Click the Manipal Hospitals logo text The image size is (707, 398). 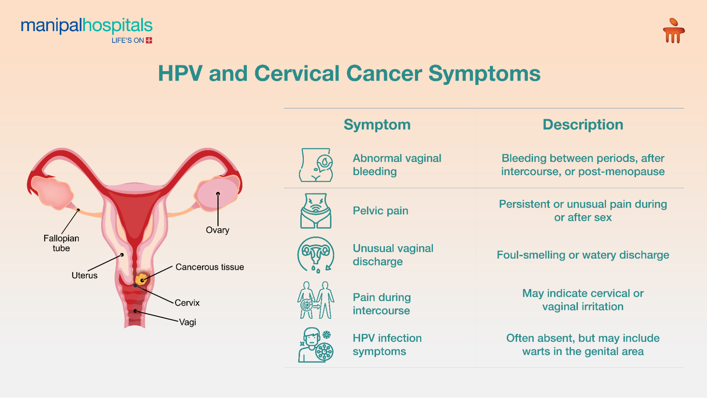[x=87, y=26]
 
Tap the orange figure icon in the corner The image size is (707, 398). [x=673, y=31]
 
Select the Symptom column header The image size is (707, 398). [x=377, y=125]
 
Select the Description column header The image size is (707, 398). [x=583, y=125]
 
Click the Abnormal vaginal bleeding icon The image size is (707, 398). [x=316, y=165]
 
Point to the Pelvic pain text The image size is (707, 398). [x=380, y=211]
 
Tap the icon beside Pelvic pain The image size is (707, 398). [x=316, y=211]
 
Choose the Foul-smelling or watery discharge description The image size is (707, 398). [x=583, y=255]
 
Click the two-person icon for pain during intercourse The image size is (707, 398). [x=316, y=300]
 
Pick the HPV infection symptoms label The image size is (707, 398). [x=387, y=345]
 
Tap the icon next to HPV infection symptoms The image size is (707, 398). [x=316, y=345]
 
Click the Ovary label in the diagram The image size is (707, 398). [x=218, y=230]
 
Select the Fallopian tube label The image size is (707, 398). [x=61, y=243]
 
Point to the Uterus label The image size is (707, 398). [x=84, y=275]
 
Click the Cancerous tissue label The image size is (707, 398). [x=209, y=267]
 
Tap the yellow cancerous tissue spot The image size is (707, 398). [x=141, y=279]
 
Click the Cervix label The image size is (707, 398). [x=187, y=303]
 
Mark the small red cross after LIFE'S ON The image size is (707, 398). [x=149, y=40]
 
